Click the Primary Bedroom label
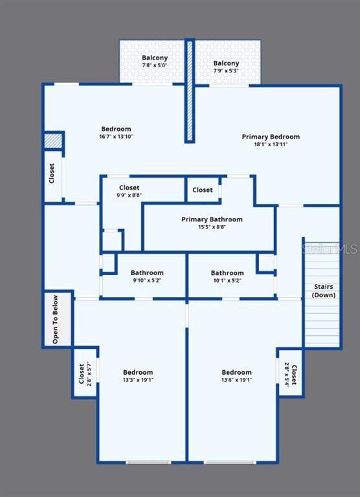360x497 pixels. point(271,137)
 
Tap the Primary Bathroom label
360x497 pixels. point(212,219)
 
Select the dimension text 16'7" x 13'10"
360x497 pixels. point(116,137)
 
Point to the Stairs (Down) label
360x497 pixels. point(324,291)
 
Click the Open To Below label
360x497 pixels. point(55,320)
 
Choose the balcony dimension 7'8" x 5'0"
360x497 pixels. point(155,65)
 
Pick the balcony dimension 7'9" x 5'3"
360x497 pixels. point(226,71)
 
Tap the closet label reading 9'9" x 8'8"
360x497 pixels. point(129,195)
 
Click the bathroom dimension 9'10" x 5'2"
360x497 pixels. point(147,280)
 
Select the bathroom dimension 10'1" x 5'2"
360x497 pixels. point(227,280)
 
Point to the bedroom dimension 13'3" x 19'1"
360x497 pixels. point(138,380)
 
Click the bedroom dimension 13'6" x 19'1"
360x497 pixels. point(236,380)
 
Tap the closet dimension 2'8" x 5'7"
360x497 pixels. point(89,373)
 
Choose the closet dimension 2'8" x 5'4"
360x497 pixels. point(286,374)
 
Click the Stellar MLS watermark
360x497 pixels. point(330,248)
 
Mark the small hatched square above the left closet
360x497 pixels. point(53,140)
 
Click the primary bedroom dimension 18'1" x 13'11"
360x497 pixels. point(271,144)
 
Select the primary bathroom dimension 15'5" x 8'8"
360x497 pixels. point(212,227)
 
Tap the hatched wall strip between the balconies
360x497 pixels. point(190,91)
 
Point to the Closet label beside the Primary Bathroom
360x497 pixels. point(203,190)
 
